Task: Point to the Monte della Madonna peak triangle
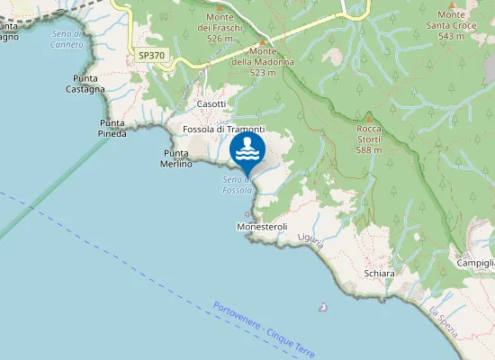coord(263,42)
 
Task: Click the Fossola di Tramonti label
coord(223,130)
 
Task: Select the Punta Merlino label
coord(176,158)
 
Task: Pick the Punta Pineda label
coord(112,128)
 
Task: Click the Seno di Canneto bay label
coord(67,39)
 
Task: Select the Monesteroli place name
coord(261,227)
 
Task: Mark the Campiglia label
coord(475,263)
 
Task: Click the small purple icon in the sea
coord(323,307)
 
